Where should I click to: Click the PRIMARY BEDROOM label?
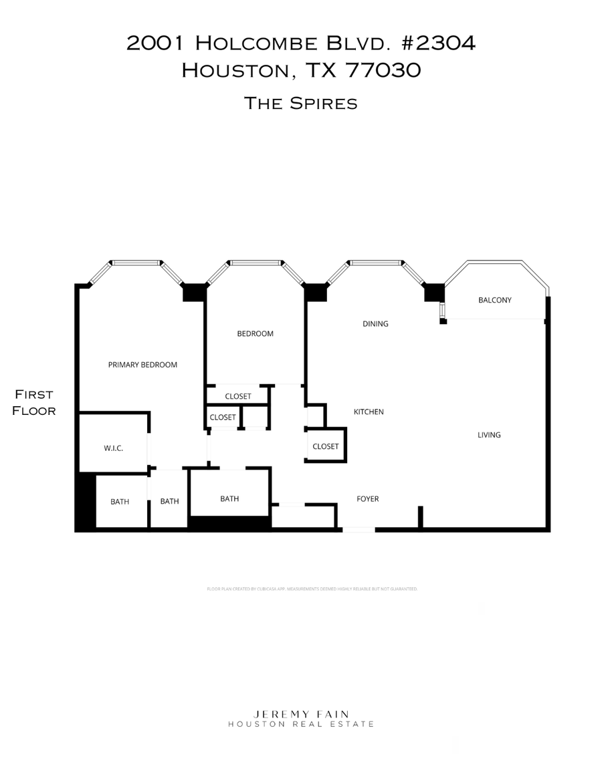pos(142,365)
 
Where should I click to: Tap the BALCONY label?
pos(494,300)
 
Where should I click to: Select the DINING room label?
pos(375,324)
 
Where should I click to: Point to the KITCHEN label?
pos(369,412)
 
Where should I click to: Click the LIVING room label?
pos(489,435)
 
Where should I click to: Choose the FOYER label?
pos(367,499)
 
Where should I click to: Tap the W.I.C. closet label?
pos(113,448)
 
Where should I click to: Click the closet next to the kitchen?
pos(326,446)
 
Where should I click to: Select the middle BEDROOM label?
pos(255,333)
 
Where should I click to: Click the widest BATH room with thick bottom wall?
pos(229,498)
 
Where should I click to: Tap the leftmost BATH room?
pos(120,502)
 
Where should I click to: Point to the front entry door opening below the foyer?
pos(359,530)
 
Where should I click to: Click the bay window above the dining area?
pos(377,263)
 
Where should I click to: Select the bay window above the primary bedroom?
pos(136,263)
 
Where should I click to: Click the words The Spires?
pos(300,103)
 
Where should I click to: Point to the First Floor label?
pos(34,402)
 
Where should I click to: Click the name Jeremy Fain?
pos(300,714)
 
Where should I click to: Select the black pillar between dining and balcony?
pos(433,293)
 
